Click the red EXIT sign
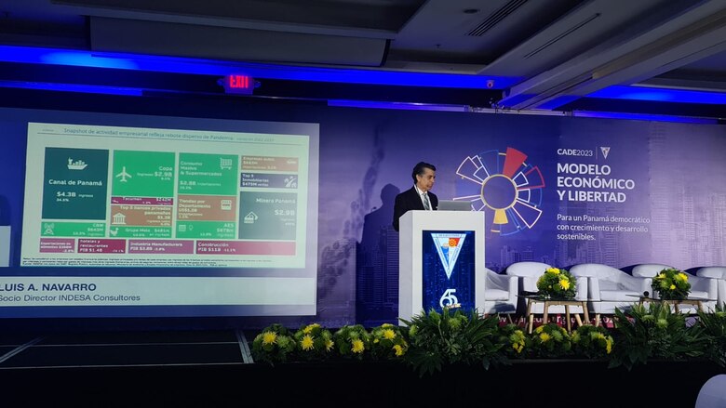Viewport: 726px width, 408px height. tap(239, 82)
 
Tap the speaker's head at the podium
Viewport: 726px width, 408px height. tap(423, 175)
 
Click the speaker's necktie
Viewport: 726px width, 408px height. tap(425, 201)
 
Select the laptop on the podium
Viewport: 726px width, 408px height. tap(453, 205)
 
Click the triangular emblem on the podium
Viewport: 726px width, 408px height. tap(448, 253)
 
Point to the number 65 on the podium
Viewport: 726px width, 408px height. tap(448, 297)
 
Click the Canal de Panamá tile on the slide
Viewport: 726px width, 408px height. tap(75, 182)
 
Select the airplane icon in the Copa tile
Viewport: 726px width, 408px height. tap(124, 174)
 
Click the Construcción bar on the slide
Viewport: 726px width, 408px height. tap(245, 248)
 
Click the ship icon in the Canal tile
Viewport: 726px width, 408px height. tap(76, 164)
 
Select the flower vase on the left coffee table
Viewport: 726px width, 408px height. tap(557, 283)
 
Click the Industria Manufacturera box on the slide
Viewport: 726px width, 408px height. tap(159, 248)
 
